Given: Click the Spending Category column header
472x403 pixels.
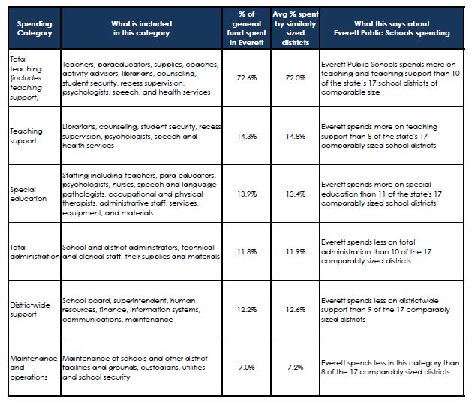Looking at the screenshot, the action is (x=35, y=29).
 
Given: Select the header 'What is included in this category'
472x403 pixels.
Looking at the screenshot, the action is (x=142, y=29).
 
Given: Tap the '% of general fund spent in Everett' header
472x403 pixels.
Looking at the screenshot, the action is (x=247, y=29).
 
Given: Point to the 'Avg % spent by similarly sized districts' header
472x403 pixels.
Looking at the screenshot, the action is (x=296, y=29).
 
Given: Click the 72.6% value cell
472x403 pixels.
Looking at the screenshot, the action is (x=247, y=78).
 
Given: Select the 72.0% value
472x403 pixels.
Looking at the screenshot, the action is (x=296, y=78).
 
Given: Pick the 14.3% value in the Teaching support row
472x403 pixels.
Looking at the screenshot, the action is (x=247, y=136).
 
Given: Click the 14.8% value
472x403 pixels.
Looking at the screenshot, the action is (x=296, y=136).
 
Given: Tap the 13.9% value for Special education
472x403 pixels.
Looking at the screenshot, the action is (x=247, y=194).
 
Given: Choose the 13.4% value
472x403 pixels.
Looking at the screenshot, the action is (x=296, y=194).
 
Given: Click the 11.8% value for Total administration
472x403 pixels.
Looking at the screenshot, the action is (x=247, y=251).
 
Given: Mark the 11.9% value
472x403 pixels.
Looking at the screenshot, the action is (x=296, y=251).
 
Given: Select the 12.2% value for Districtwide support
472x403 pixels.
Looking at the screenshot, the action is (x=247, y=309).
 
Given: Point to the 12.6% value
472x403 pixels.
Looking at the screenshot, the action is (x=296, y=309).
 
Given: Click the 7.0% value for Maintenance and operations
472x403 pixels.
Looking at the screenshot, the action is (x=247, y=368).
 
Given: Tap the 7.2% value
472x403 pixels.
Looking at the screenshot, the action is (x=296, y=368).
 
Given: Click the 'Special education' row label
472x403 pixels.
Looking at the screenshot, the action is (x=28, y=194).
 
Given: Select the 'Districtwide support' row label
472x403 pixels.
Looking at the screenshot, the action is (x=30, y=310).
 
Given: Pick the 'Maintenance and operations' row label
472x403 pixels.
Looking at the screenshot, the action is (x=34, y=368).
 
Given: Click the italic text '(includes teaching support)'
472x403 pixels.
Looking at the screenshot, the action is (x=26, y=88).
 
